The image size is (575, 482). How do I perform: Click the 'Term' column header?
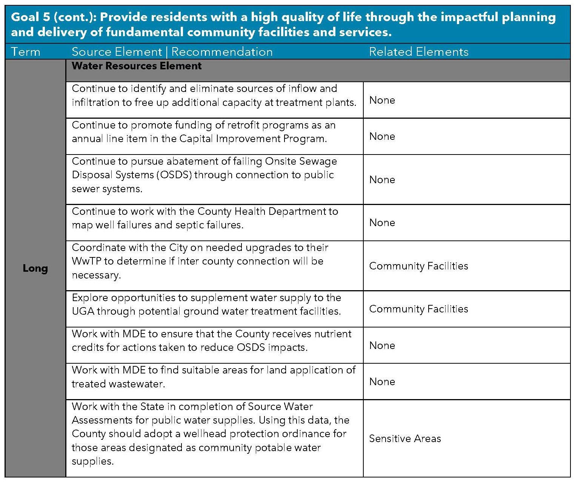coord(26,52)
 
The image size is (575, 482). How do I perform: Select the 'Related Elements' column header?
coord(418,52)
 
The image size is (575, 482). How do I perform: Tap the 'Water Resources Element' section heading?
coord(137,66)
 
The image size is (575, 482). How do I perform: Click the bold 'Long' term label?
coord(35,268)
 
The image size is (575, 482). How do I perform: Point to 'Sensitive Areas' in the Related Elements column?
coord(405,438)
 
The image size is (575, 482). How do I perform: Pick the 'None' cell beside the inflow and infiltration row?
coord(382,100)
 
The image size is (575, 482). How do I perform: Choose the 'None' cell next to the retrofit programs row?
coord(382,136)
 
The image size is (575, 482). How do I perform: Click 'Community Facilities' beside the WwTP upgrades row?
coord(418,266)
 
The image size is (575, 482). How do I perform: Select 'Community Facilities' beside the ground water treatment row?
coord(418,309)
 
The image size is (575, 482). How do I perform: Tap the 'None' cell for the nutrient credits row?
coord(382,346)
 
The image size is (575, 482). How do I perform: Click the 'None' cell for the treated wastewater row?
coord(382,382)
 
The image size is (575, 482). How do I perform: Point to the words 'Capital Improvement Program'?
coord(253,139)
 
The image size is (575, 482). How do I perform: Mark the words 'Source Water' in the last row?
coord(280,407)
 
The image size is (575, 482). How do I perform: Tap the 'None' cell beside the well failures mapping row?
coord(382,223)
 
